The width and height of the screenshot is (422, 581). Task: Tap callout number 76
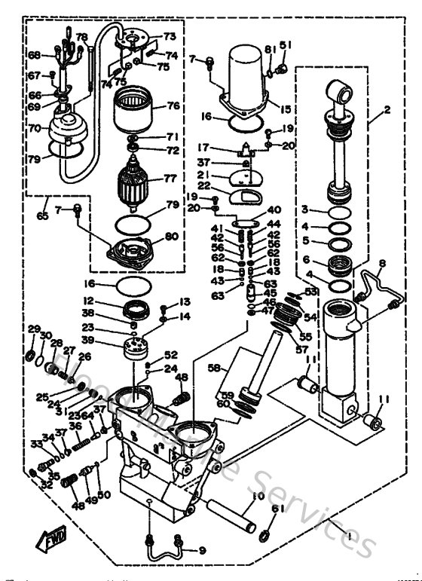pos(173,106)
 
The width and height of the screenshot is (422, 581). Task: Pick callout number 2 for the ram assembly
pos(387,109)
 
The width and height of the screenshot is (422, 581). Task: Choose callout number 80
pos(172,236)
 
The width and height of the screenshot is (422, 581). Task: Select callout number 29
pos(33,329)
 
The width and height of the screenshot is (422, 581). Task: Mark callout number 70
pos(34,129)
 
